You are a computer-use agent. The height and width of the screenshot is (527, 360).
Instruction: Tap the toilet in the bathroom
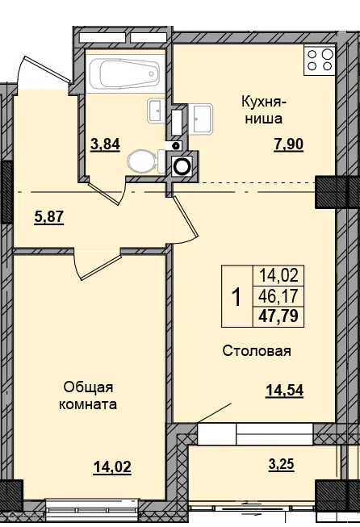click(144, 161)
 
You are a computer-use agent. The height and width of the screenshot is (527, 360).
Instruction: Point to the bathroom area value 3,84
click(105, 144)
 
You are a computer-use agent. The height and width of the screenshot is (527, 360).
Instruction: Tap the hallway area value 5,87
click(48, 216)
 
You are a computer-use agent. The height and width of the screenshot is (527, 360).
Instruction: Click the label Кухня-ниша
click(259, 111)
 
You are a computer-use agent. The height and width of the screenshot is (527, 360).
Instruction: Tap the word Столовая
click(257, 351)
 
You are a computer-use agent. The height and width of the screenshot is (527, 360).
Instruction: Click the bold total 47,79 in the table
click(277, 316)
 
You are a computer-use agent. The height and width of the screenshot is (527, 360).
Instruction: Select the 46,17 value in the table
click(277, 296)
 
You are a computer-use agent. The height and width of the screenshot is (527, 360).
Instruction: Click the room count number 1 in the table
click(237, 297)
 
